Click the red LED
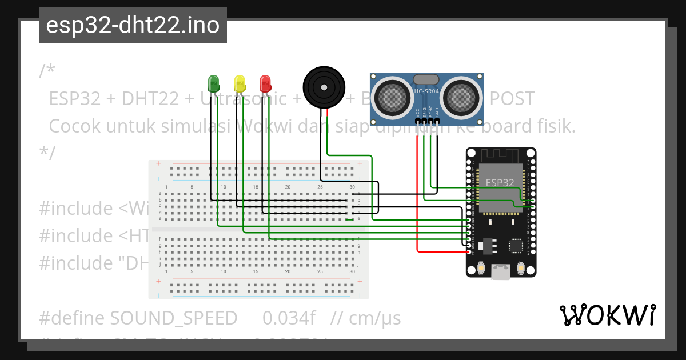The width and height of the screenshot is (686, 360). tap(265, 83)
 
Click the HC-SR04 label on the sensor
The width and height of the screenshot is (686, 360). tap(426, 91)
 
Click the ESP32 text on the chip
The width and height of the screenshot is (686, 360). tap(500, 182)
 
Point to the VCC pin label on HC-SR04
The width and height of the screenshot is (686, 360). tap(417, 113)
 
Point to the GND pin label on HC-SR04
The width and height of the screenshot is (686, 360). tap(437, 113)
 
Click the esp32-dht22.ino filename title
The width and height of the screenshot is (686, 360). tap(133, 26)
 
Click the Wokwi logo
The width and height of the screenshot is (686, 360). tap(608, 315)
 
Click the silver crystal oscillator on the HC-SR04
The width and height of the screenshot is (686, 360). tap(426, 79)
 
